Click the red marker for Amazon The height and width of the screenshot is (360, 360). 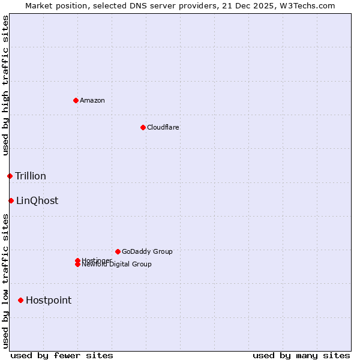click(x=76, y=100)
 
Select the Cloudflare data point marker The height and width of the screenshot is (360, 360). click(x=143, y=127)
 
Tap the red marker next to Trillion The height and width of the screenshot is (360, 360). click(x=10, y=176)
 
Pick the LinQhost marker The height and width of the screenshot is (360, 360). click(x=11, y=200)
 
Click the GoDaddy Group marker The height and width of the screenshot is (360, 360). click(x=118, y=251)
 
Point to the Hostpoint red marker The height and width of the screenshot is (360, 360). click(x=20, y=300)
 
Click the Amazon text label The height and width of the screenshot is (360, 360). click(x=92, y=100)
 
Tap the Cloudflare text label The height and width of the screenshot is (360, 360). click(x=163, y=127)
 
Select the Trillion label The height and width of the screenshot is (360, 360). click(x=31, y=176)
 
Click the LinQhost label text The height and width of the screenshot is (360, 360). click(x=37, y=200)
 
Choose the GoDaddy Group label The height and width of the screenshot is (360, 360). click(x=147, y=251)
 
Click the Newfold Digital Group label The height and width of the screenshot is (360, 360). click(x=116, y=265)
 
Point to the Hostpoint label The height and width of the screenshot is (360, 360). click(x=49, y=300)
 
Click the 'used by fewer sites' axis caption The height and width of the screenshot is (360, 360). click(x=62, y=355)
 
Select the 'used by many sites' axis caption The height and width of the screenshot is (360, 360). click(x=301, y=355)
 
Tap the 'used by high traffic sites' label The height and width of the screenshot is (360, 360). click(x=5, y=85)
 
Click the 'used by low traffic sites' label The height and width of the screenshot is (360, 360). click(x=5, y=281)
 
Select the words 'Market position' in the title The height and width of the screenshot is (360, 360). click(x=53, y=5)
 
